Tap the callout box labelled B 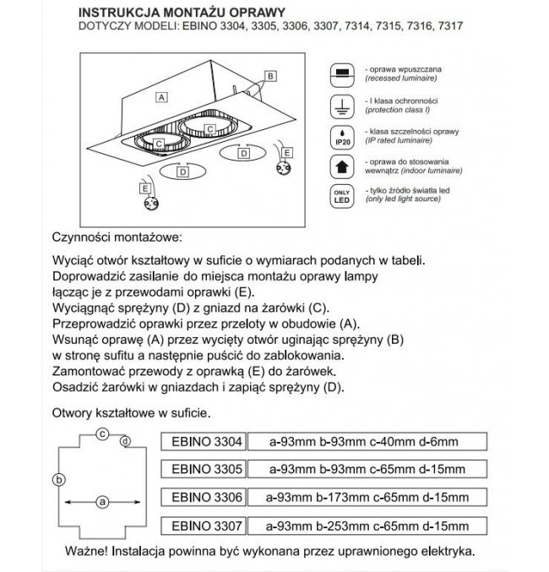tap(270, 76)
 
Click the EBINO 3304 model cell tap(202, 441)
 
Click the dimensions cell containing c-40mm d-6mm tap(366, 441)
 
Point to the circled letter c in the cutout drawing tap(101, 433)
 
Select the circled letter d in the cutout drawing tap(125, 441)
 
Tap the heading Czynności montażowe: tap(116, 238)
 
